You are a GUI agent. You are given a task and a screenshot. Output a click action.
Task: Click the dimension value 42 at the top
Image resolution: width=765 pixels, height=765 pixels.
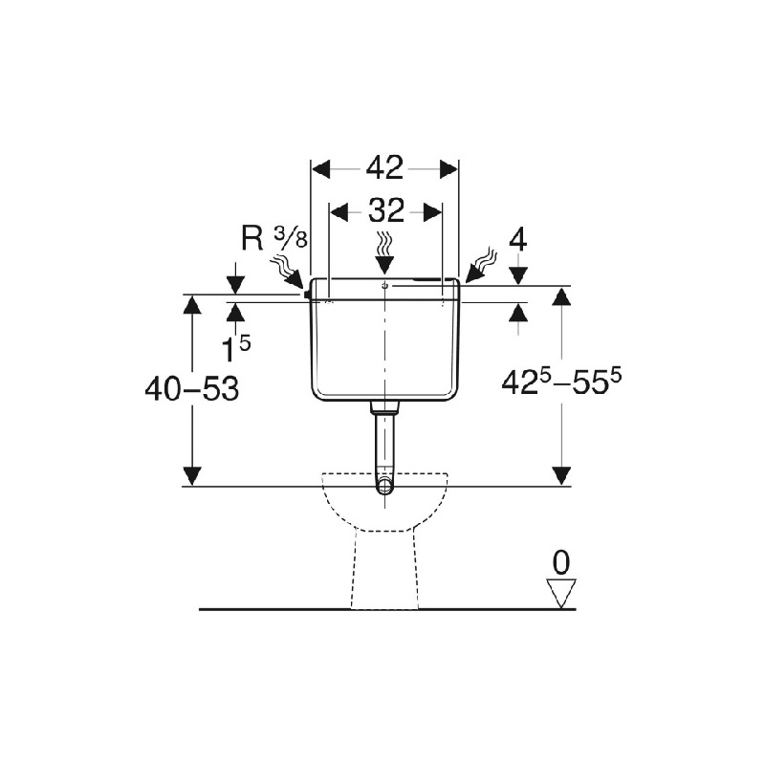pyautogui.click(x=385, y=168)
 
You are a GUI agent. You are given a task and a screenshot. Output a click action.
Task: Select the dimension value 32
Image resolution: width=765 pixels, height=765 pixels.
pyautogui.click(x=386, y=210)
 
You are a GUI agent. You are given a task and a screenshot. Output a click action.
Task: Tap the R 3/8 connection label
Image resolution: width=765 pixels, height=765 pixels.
pyautogui.click(x=274, y=238)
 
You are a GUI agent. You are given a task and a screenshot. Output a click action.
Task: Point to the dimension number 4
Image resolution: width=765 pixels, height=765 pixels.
pyautogui.click(x=518, y=240)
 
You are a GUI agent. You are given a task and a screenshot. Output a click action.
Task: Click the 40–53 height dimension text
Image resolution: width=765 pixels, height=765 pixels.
pyautogui.click(x=192, y=389)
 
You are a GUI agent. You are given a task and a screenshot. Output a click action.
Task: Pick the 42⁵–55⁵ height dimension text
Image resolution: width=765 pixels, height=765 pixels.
pyautogui.click(x=561, y=381)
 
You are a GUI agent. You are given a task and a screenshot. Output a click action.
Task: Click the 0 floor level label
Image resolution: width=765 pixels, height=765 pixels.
pyautogui.click(x=561, y=562)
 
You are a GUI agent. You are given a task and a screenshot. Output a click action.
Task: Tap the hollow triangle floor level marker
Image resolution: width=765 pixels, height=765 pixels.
pyautogui.click(x=561, y=593)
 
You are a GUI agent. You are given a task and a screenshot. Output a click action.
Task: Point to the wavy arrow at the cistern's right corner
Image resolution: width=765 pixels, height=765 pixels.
pyautogui.click(x=480, y=267)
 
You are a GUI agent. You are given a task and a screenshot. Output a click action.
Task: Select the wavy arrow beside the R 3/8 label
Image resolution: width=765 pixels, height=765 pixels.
pyautogui.click(x=288, y=273)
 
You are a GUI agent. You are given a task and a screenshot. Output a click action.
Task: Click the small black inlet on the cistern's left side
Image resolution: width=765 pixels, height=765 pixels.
pyautogui.click(x=307, y=295)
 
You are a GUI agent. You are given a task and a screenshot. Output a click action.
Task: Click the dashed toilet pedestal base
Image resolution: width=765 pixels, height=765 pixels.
pyautogui.click(x=385, y=570)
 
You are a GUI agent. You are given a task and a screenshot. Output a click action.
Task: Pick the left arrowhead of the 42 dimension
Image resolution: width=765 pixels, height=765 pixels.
pyautogui.click(x=321, y=169)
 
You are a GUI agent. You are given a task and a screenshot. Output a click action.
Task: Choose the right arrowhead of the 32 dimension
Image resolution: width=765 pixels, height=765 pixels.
pyautogui.click(x=432, y=211)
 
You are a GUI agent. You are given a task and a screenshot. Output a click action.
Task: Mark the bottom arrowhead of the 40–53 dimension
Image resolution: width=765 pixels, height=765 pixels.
pyautogui.click(x=192, y=475)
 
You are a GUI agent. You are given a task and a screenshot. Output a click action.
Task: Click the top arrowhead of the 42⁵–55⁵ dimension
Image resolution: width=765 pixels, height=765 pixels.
pyautogui.click(x=562, y=296)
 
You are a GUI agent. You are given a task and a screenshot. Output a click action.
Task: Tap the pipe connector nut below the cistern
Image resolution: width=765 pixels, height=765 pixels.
pyautogui.click(x=385, y=408)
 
